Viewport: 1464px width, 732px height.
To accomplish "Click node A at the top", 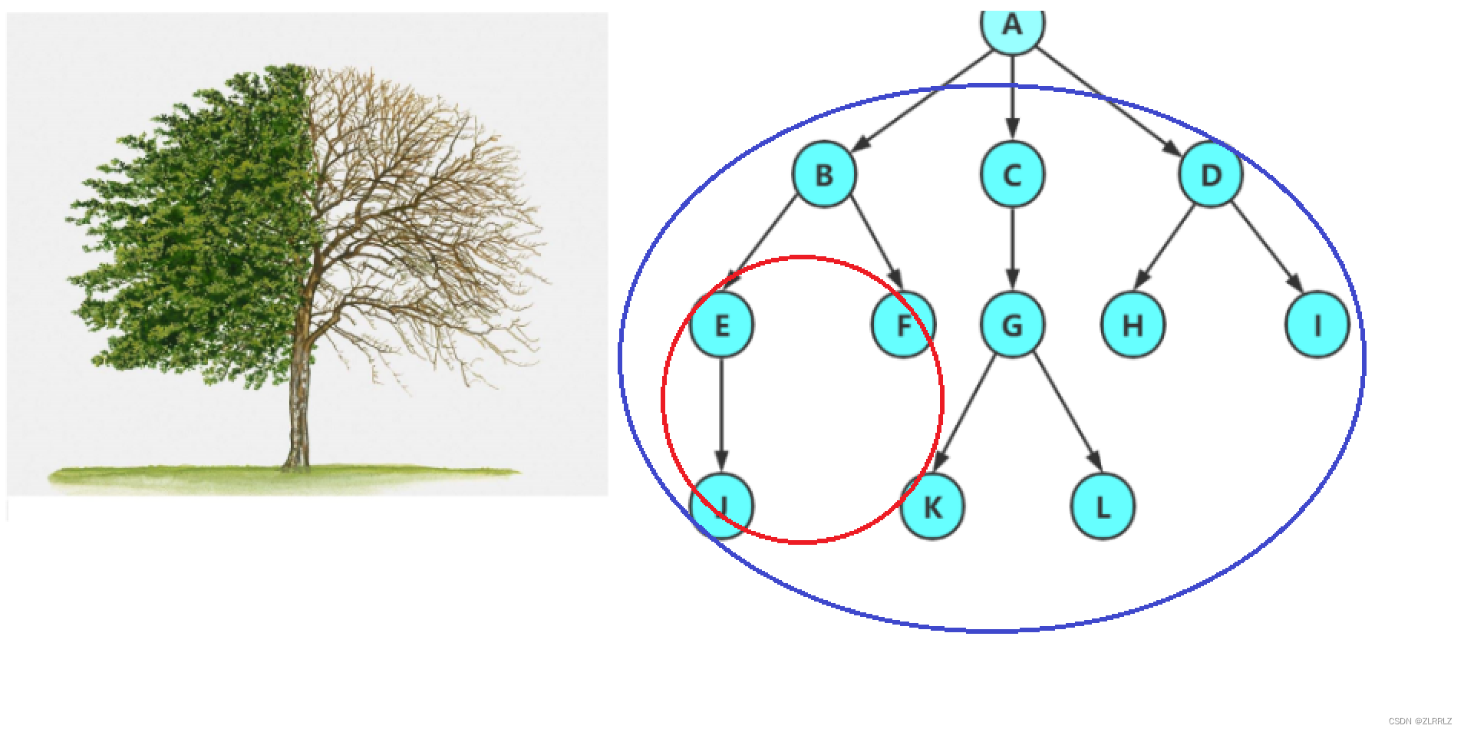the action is point(1012,26).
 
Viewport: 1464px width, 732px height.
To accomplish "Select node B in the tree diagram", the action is point(824,174).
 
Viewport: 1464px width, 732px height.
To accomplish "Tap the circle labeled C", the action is point(1012,174).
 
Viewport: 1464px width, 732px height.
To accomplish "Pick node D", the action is point(1210,174).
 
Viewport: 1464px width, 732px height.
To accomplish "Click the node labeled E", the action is point(721,325).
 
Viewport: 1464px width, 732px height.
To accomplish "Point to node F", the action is point(903,325).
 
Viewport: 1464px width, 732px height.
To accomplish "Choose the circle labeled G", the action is point(1012,325).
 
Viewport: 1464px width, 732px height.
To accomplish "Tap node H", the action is point(1133,325).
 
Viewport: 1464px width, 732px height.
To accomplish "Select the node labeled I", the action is point(1317,325).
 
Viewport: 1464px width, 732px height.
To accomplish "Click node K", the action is point(932,506).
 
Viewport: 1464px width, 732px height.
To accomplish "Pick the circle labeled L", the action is point(1103,506).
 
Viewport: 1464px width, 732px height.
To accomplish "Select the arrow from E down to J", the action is point(721,414).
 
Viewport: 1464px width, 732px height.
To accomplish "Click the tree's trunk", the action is point(298,407).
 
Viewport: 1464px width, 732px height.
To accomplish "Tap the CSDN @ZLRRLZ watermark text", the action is point(1419,721).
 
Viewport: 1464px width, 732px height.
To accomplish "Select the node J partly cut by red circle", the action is point(721,506).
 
